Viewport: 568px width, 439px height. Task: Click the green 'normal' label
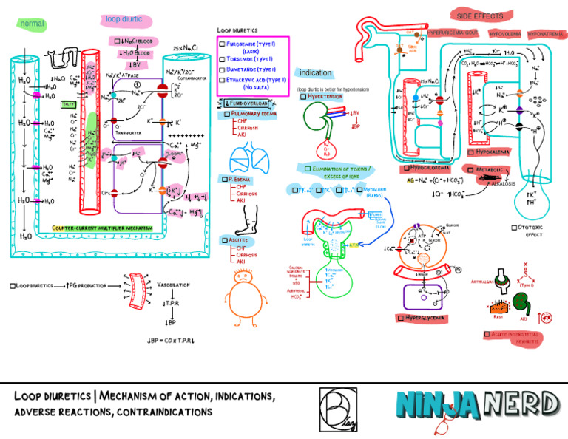tap(33, 24)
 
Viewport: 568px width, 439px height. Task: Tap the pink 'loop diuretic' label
tap(124, 19)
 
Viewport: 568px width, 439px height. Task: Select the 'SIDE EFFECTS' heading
tap(480, 16)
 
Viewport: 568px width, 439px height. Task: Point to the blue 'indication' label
tap(315, 73)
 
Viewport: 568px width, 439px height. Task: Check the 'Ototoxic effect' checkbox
tap(515, 227)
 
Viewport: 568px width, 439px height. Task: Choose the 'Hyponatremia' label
tap(546, 34)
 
